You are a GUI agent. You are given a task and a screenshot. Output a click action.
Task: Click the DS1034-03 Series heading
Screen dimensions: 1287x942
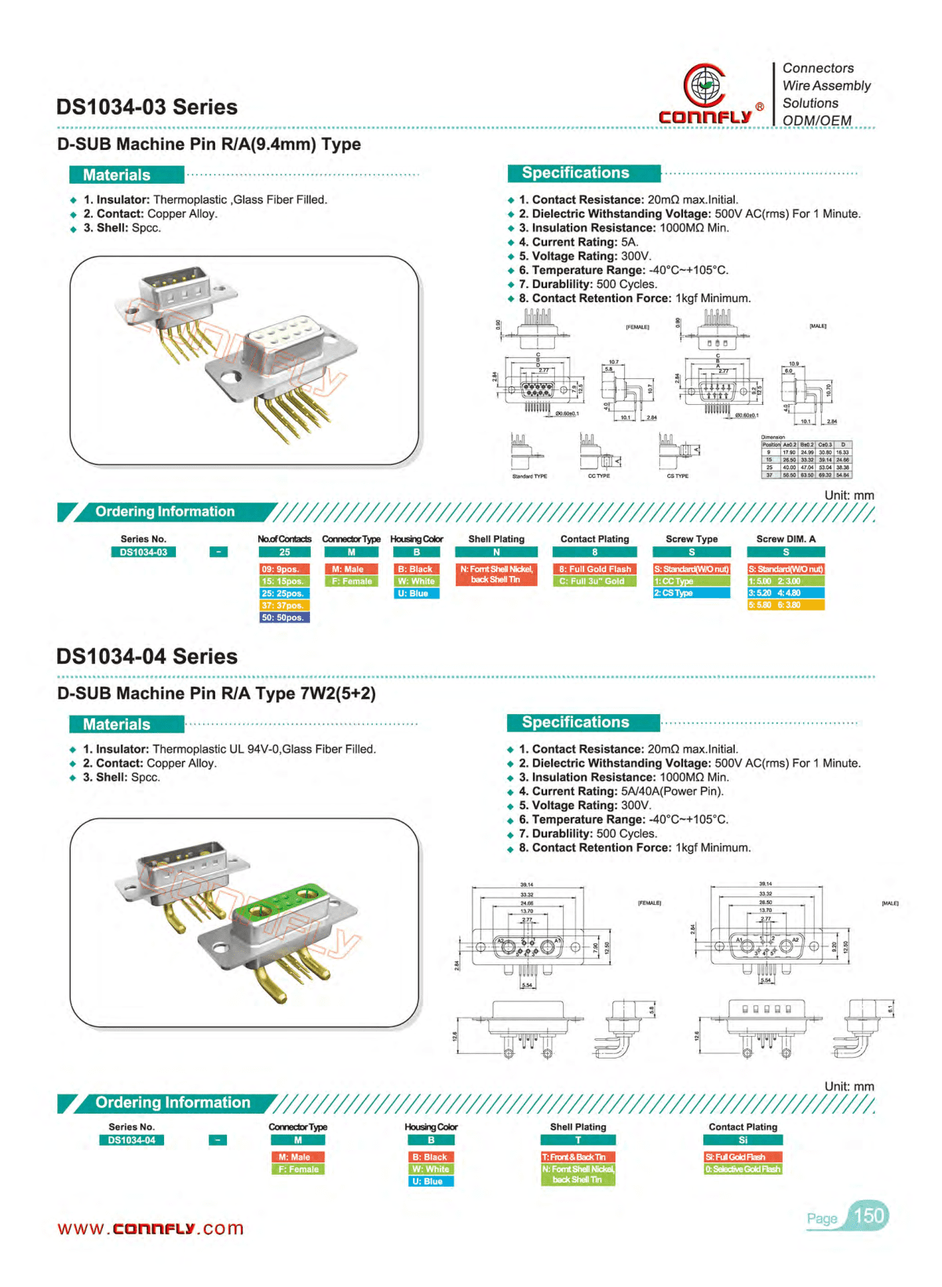tap(147, 108)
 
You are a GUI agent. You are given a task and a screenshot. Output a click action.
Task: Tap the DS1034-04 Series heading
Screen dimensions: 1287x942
tap(147, 657)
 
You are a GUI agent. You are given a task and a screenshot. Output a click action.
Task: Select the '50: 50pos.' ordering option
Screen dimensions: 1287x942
tap(284, 618)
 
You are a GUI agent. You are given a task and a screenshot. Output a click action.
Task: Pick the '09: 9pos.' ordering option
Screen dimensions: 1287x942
tap(284, 569)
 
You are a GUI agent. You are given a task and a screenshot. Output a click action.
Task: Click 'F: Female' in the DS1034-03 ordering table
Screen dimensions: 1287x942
tap(351, 582)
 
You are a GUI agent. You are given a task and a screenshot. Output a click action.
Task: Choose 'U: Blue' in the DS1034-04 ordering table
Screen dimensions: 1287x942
tap(431, 1181)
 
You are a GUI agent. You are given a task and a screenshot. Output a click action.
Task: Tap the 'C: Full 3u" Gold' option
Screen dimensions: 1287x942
tap(594, 582)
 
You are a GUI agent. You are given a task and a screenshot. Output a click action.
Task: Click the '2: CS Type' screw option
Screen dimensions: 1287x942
tap(691, 593)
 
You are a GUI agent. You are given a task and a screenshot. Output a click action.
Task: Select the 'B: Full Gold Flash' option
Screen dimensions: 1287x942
tap(594, 569)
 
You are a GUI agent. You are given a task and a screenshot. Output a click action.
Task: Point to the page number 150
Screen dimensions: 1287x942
tap(868, 1216)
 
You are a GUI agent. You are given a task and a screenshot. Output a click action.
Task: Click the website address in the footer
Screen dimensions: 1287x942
tap(151, 1228)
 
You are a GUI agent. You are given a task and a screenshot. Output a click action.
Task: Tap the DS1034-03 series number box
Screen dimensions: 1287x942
tap(143, 552)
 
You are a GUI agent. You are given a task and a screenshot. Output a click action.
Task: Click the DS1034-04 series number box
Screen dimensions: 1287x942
tap(131, 1140)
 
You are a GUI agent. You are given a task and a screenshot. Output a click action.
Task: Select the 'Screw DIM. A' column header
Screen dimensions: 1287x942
tap(785, 539)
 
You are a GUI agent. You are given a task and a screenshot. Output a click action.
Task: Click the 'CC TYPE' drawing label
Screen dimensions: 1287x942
tap(598, 476)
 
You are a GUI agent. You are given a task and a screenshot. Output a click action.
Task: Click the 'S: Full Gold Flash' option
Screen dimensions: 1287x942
tap(743, 1157)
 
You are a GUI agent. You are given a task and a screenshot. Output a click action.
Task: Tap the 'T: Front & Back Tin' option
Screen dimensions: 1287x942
tap(578, 1157)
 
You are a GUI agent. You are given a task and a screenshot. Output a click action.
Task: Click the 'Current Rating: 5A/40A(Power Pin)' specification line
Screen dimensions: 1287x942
tap(620, 792)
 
